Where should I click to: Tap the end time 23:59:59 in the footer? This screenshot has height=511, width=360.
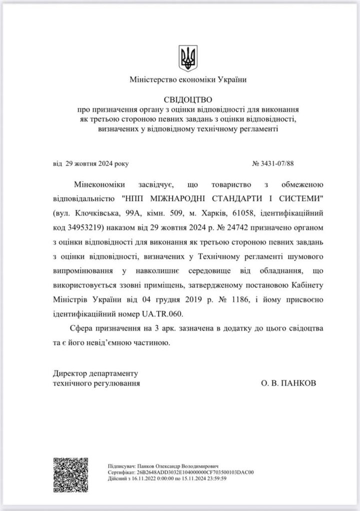point(213,478)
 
